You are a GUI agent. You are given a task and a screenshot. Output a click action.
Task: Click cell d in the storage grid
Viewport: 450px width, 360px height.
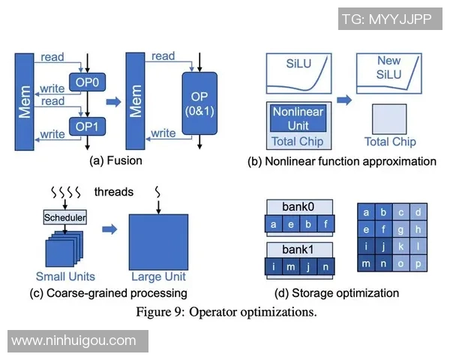pos(418,213)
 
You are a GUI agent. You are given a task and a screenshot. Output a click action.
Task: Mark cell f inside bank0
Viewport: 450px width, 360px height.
pos(325,223)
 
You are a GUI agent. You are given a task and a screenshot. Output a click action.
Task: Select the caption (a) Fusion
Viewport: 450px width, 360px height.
pos(115,160)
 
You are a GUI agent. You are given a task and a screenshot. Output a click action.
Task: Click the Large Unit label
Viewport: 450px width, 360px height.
pos(157,277)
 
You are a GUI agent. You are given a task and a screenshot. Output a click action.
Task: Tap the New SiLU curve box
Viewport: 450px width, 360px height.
pos(388,73)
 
